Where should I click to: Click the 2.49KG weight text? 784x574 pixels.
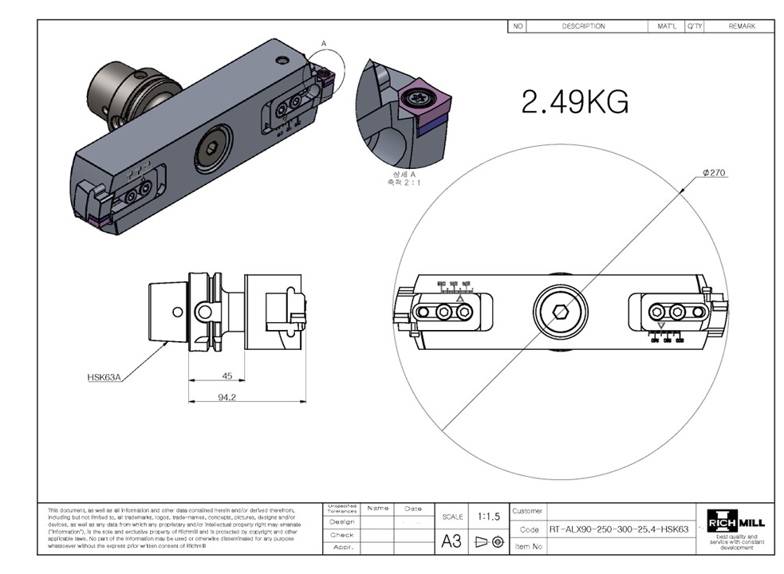574,101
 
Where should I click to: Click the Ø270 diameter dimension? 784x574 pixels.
715,172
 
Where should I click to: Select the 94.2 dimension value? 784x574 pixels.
227,396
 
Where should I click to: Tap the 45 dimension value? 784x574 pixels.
227,375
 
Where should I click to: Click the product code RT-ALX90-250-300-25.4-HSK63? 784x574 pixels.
619,529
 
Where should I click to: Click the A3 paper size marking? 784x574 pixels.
451,541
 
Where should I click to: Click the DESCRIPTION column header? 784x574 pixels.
583,26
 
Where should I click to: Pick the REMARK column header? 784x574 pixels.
741,26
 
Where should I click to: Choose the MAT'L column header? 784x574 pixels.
666,26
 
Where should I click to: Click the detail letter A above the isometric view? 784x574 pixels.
324,43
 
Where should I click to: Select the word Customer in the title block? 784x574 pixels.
527,511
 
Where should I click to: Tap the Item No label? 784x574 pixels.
530,546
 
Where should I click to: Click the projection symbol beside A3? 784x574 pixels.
489,541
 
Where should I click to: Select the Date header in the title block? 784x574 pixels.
413,508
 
